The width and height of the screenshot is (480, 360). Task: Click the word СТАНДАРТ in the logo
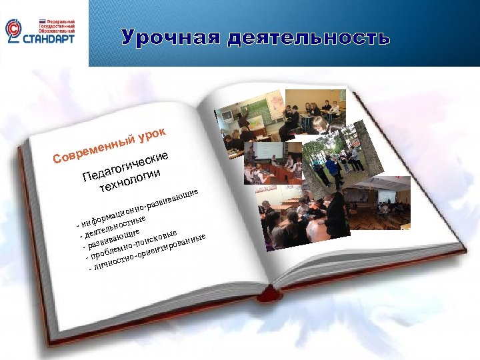point(50,39)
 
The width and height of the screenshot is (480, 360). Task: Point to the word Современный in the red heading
point(93,149)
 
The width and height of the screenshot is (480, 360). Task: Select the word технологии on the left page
point(131,181)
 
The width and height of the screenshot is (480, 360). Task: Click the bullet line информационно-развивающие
point(140,207)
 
